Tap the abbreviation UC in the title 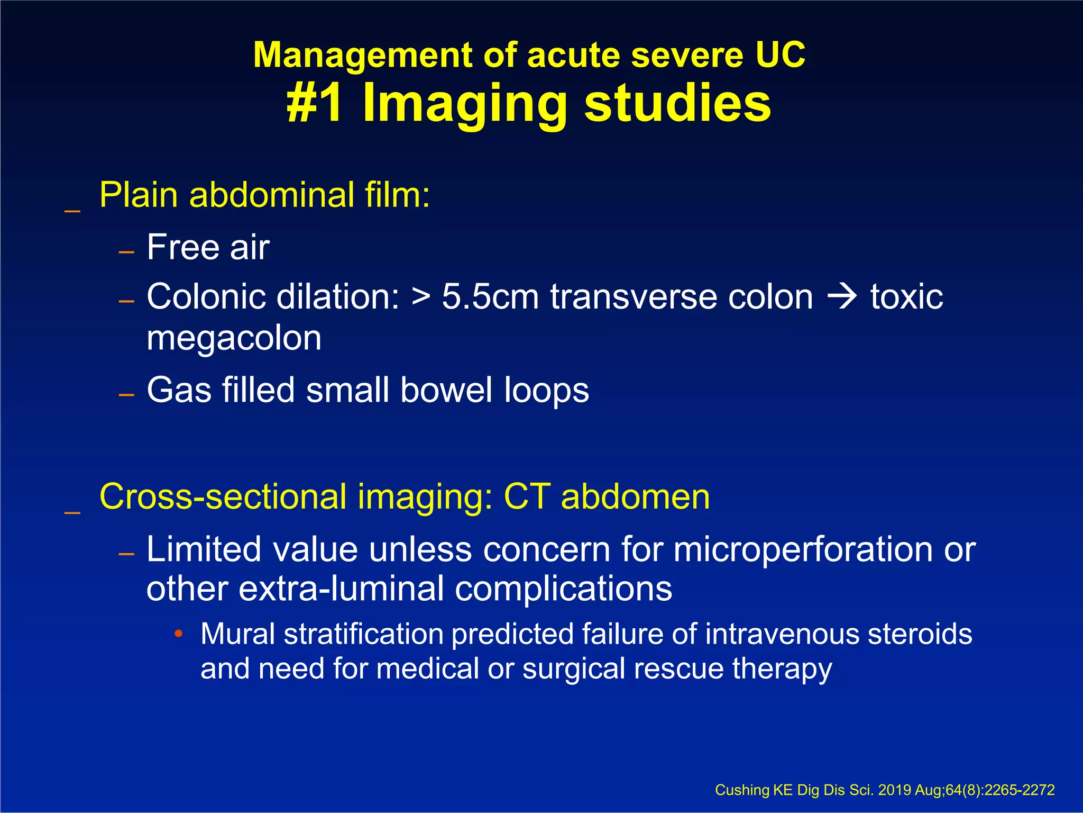[780, 55]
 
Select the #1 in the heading [315, 103]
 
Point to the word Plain [139, 195]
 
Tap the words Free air [208, 247]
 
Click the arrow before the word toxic [842, 296]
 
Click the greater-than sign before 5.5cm [421, 296]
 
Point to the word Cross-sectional [223, 497]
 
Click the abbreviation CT [527, 497]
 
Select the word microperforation [803, 549]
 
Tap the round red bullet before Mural [179, 634]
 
